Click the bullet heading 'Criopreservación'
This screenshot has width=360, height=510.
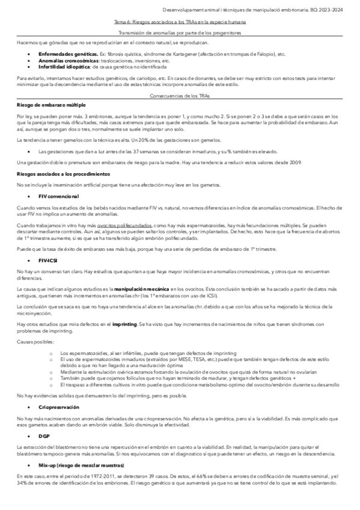[58, 407]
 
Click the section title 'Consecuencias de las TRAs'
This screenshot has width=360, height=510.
[180, 95]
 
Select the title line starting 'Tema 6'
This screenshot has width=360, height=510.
[180, 21]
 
